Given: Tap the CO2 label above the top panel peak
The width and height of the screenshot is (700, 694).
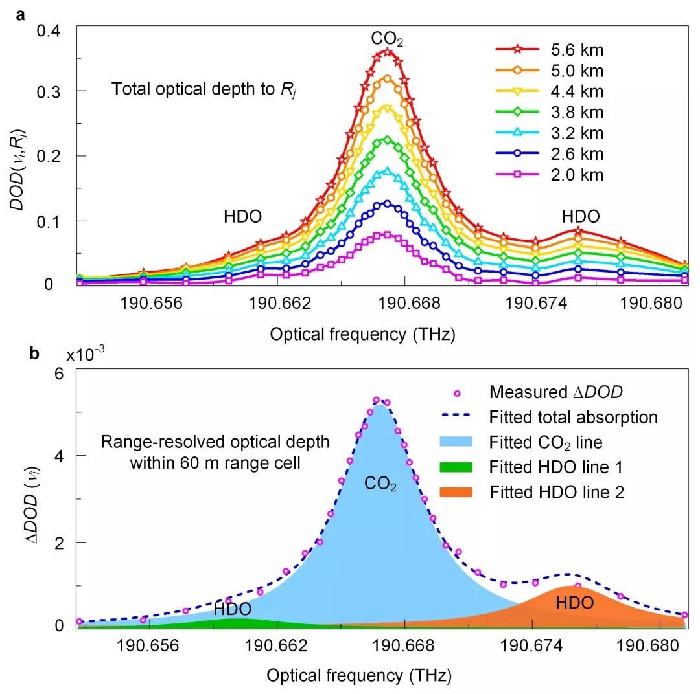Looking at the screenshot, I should pos(388,39).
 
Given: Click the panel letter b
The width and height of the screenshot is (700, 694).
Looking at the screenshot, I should pos(21,354).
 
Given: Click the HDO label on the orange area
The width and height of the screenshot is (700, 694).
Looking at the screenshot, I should pos(574,603).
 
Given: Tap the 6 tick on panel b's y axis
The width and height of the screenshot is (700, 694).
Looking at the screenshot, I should pos(57,374).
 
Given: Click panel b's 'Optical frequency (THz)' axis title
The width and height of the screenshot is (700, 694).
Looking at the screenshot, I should pos(358,675).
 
